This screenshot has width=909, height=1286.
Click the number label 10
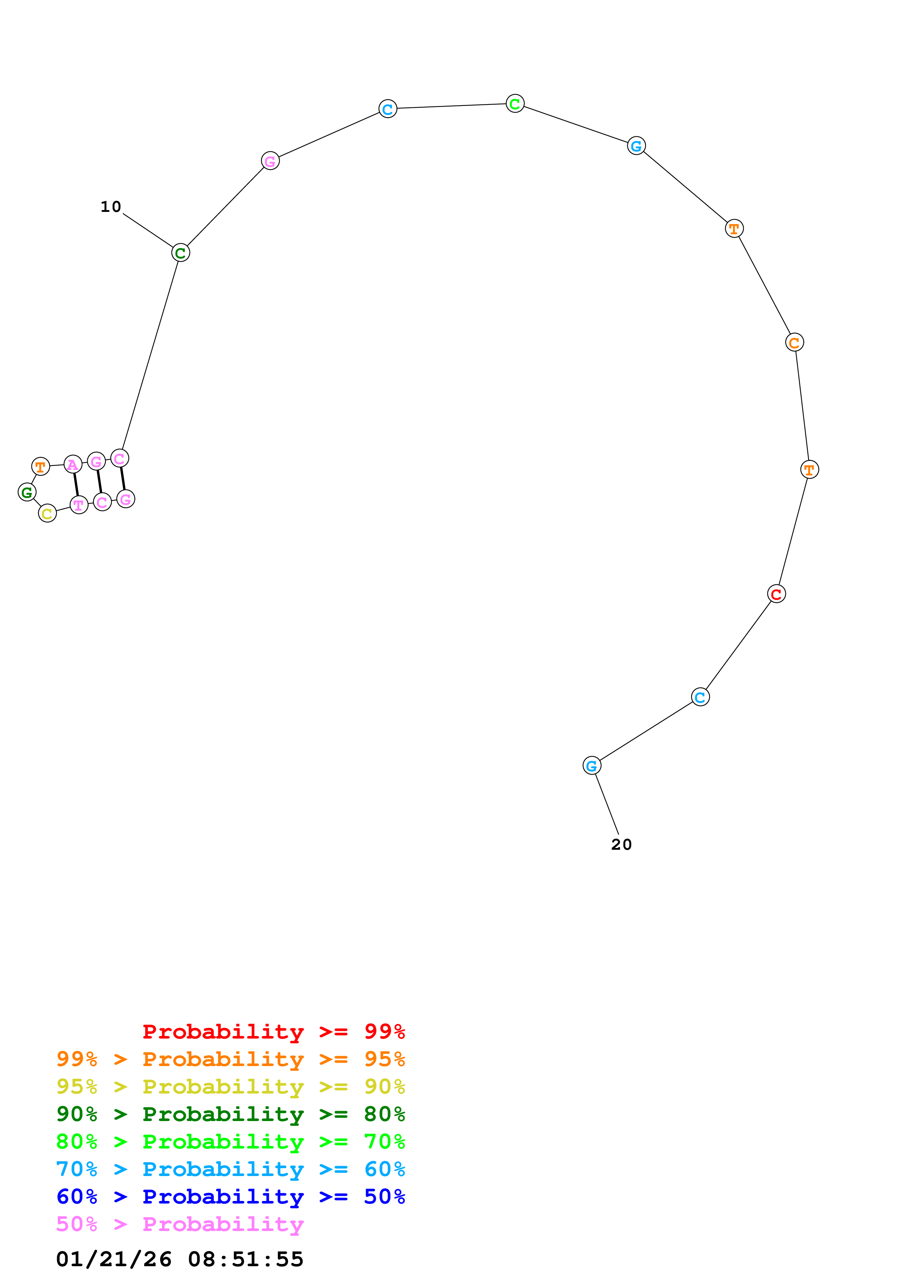110,207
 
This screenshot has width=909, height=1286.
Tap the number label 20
621,844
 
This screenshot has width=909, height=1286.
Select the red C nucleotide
776,594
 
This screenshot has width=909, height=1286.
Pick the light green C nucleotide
515,104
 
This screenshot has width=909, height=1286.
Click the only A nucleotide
73,464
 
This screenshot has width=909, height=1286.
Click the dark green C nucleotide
180,253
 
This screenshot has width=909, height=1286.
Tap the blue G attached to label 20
591,765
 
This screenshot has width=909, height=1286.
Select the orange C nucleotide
794,342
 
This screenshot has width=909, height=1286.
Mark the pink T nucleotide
79,505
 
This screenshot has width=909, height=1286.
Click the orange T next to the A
40,466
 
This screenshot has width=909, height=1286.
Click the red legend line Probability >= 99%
273,1031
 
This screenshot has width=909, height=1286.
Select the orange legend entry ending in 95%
230,1059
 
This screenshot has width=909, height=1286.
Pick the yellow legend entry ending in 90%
230,1086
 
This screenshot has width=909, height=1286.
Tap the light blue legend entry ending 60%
230,1169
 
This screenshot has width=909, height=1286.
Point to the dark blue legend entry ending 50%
230,1197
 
